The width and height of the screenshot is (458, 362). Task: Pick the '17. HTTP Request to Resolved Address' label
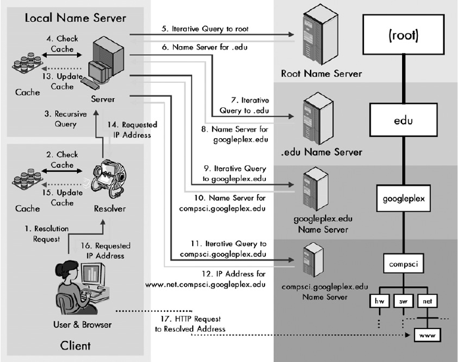[x=191, y=323]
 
